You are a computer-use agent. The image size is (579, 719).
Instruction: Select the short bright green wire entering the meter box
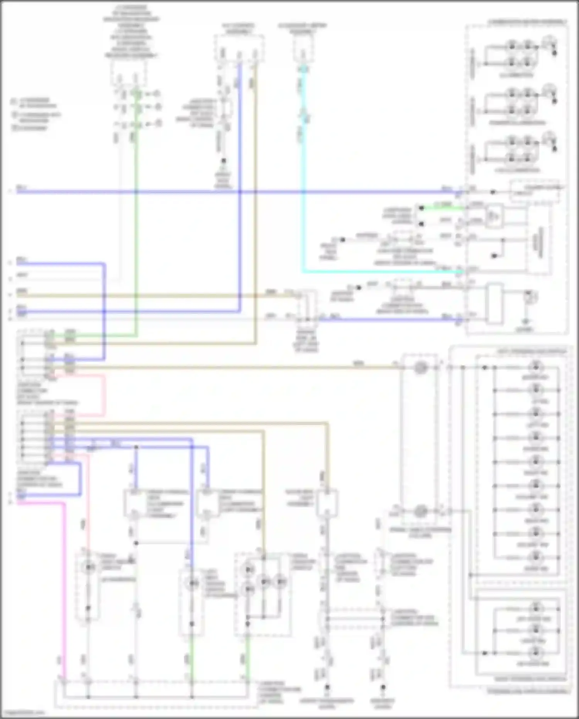tap(444, 208)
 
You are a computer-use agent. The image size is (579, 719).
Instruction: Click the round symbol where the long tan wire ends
tap(420, 368)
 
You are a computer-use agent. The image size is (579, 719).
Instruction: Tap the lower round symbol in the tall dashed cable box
tap(420, 512)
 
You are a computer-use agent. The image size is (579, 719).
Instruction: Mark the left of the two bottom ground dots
tap(327, 687)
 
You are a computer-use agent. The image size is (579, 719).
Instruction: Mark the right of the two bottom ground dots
tap(383, 687)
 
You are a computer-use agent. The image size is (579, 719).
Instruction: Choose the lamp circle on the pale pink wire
tap(89, 567)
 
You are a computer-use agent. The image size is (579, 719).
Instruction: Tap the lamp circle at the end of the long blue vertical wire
tap(192, 583)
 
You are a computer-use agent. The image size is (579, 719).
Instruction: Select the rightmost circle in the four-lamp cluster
tap(281, 581)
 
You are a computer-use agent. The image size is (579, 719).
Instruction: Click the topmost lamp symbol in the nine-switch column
tap(536, 366)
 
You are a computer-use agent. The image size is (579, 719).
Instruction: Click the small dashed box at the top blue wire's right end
tap(535, 191)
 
